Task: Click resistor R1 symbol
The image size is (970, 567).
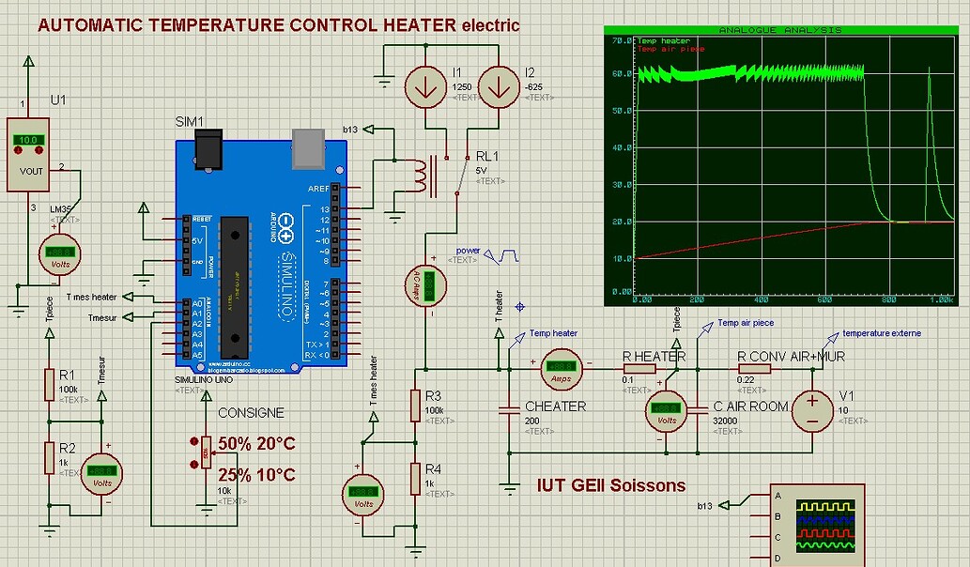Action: (x=52, y=384)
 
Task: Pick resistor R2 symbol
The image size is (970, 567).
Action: (x=52, y=457)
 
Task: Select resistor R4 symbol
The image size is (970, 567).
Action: (x=416, y=479)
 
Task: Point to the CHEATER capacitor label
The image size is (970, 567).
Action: (x=555, y=406)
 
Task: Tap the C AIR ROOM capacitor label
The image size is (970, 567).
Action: (x=751, y=406)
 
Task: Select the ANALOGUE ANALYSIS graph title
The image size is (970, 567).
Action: (x=779, y=30)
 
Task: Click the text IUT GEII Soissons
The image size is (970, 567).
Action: (x=610, y=485)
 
